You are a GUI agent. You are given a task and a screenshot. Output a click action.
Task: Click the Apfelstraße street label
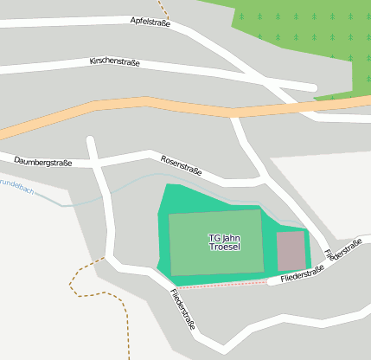click(150, 21)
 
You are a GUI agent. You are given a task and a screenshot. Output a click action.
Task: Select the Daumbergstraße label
click(42, 162)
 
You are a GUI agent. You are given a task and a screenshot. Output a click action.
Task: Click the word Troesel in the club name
click(224, 247)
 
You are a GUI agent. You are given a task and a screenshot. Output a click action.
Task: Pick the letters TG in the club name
click(214, 238)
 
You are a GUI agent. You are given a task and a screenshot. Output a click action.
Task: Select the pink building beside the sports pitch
click(291, 250)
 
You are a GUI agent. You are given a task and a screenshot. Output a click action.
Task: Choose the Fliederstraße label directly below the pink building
click(303, 274)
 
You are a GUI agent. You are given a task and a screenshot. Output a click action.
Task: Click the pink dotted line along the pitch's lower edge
click(225, 284)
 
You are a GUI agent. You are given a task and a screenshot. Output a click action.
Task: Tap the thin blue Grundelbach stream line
click(130, 182)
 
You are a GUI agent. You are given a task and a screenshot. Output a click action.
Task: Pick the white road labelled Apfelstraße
click(86, 21)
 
